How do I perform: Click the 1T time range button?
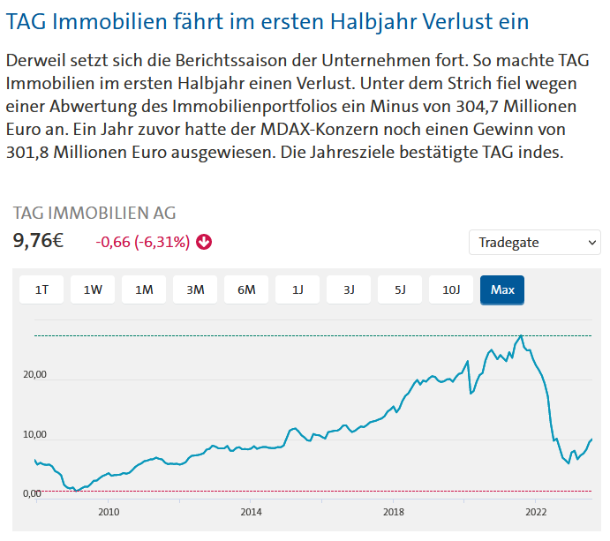pos(41,289)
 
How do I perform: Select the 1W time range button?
pos(93,289)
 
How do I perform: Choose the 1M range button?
pos(144,289)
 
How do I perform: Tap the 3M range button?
pos(195,289)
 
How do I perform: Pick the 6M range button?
pos(246,289)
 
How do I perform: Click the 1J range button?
pos(297,289)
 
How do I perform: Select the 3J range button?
pos(349,289)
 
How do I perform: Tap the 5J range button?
pos(400,289)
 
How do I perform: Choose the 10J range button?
pos(451,289)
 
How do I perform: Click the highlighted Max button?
pos(502,289)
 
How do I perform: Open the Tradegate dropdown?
pos(535,242)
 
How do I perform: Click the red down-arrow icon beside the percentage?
pos(204,242)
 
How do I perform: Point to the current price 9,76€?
pos(38,241)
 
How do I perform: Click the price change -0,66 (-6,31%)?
pos(142,242)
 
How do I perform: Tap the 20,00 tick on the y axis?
pos(34,375)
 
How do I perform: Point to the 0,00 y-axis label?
pos(32,493)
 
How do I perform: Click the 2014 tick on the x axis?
pos(251,511)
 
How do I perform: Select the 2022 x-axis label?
pos(535,511)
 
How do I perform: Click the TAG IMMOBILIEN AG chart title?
pos(94,213)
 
